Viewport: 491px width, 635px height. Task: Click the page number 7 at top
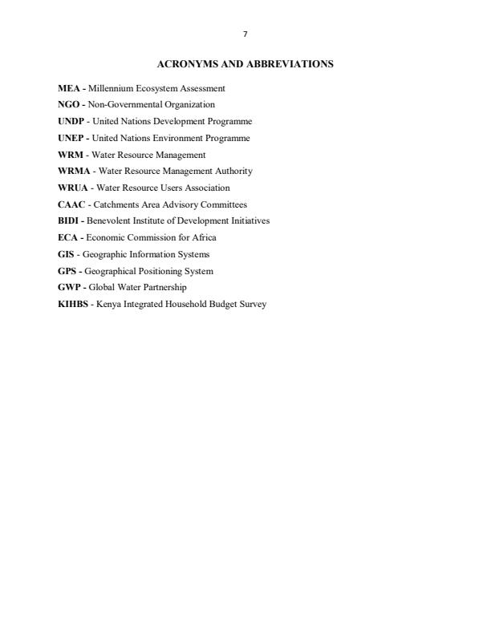point(245,34)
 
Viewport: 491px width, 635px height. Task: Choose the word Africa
point(204,237)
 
